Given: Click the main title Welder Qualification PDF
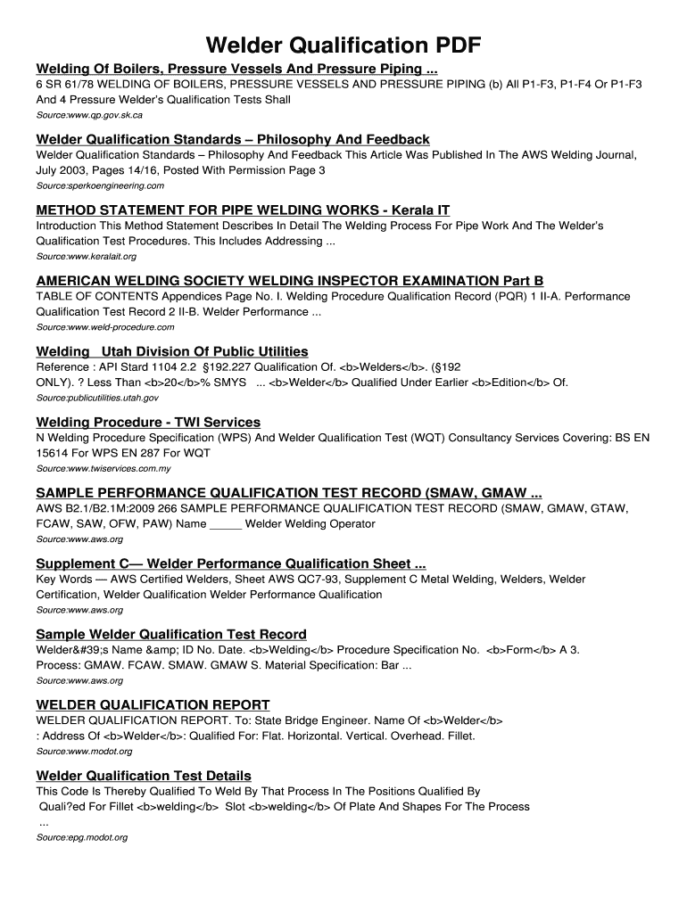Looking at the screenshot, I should click(x=343, y=45).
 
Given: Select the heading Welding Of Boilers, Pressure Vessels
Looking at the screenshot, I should click(x=236, y=70).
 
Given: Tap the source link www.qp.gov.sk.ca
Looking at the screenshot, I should click(x=88, y=116).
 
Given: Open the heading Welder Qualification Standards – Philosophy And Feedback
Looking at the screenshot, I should click(x=232, y=140).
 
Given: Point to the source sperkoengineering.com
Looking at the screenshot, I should click(x=99, y=185).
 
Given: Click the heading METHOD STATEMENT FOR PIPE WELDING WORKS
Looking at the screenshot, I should click(x=243, y=210).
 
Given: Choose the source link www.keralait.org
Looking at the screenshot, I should click(x=86, y=256).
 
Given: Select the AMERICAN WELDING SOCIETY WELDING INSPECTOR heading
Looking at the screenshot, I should click(x=289, y=281).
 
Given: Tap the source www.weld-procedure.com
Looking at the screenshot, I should click(x=100, y=327).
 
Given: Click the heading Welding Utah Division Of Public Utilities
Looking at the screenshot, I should click(x=172, y=351).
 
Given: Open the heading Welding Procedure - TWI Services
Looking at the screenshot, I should click(x=148, y=422).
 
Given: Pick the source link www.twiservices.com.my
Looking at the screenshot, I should click(x=103, y=468).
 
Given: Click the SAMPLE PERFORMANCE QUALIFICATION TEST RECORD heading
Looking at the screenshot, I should click(x=288, y=493).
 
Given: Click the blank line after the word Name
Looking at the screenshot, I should click(x=226, y=524).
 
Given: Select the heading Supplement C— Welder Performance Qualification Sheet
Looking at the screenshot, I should click(x=230, y=563).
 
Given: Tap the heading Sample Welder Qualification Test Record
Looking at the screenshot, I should click(x=171, y=634).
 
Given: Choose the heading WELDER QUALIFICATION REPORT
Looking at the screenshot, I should click(x=153, y=704).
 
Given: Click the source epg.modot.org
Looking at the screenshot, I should click(x=81, y=837).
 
